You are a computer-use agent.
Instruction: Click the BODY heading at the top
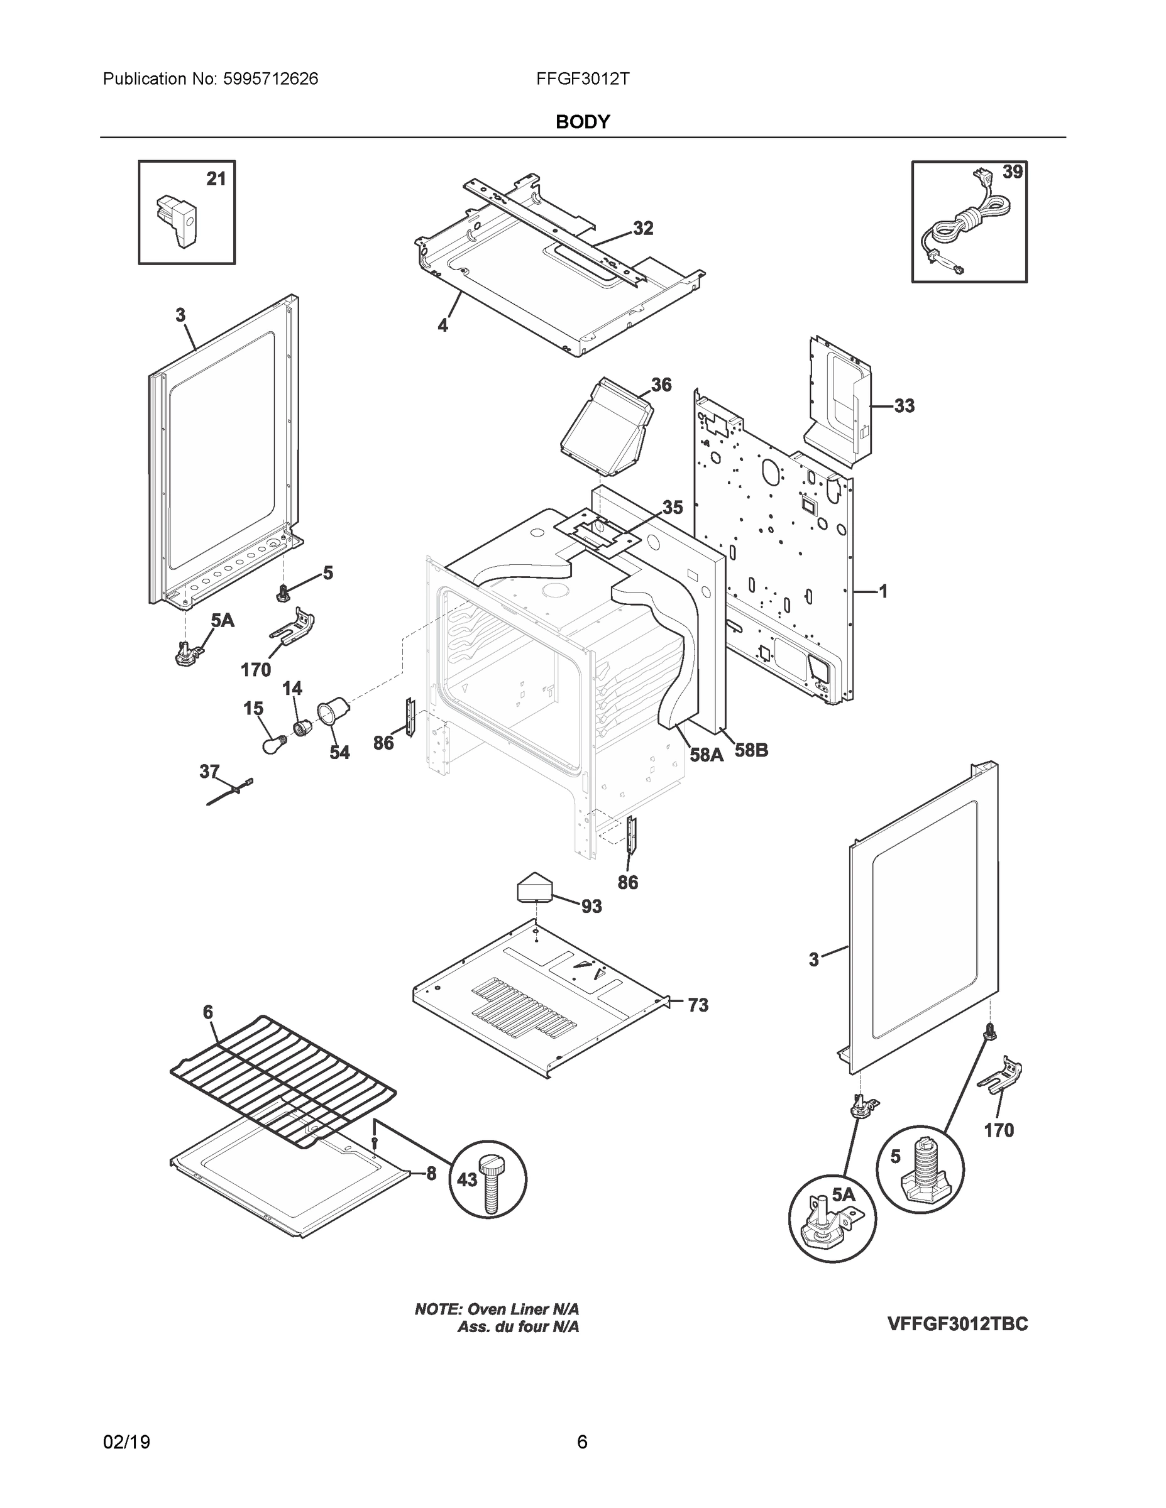[x=582, y=123]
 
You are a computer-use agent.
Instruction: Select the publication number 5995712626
[x=270, y=79]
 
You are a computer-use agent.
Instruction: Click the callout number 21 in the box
[x=216, y=179]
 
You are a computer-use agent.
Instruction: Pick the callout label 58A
[x=707, y=755]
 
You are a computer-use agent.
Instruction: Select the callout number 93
[x=591, y=907]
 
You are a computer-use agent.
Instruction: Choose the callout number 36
[x=661, y=385]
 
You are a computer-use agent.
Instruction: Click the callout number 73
[x=698, y=1005]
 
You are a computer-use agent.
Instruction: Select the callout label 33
[x=905, y=406]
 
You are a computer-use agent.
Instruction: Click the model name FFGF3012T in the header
[x=582, y=79]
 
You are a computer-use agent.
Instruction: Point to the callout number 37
[x=209, y=772]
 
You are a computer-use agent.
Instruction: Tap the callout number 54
[x=339, y=752]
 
